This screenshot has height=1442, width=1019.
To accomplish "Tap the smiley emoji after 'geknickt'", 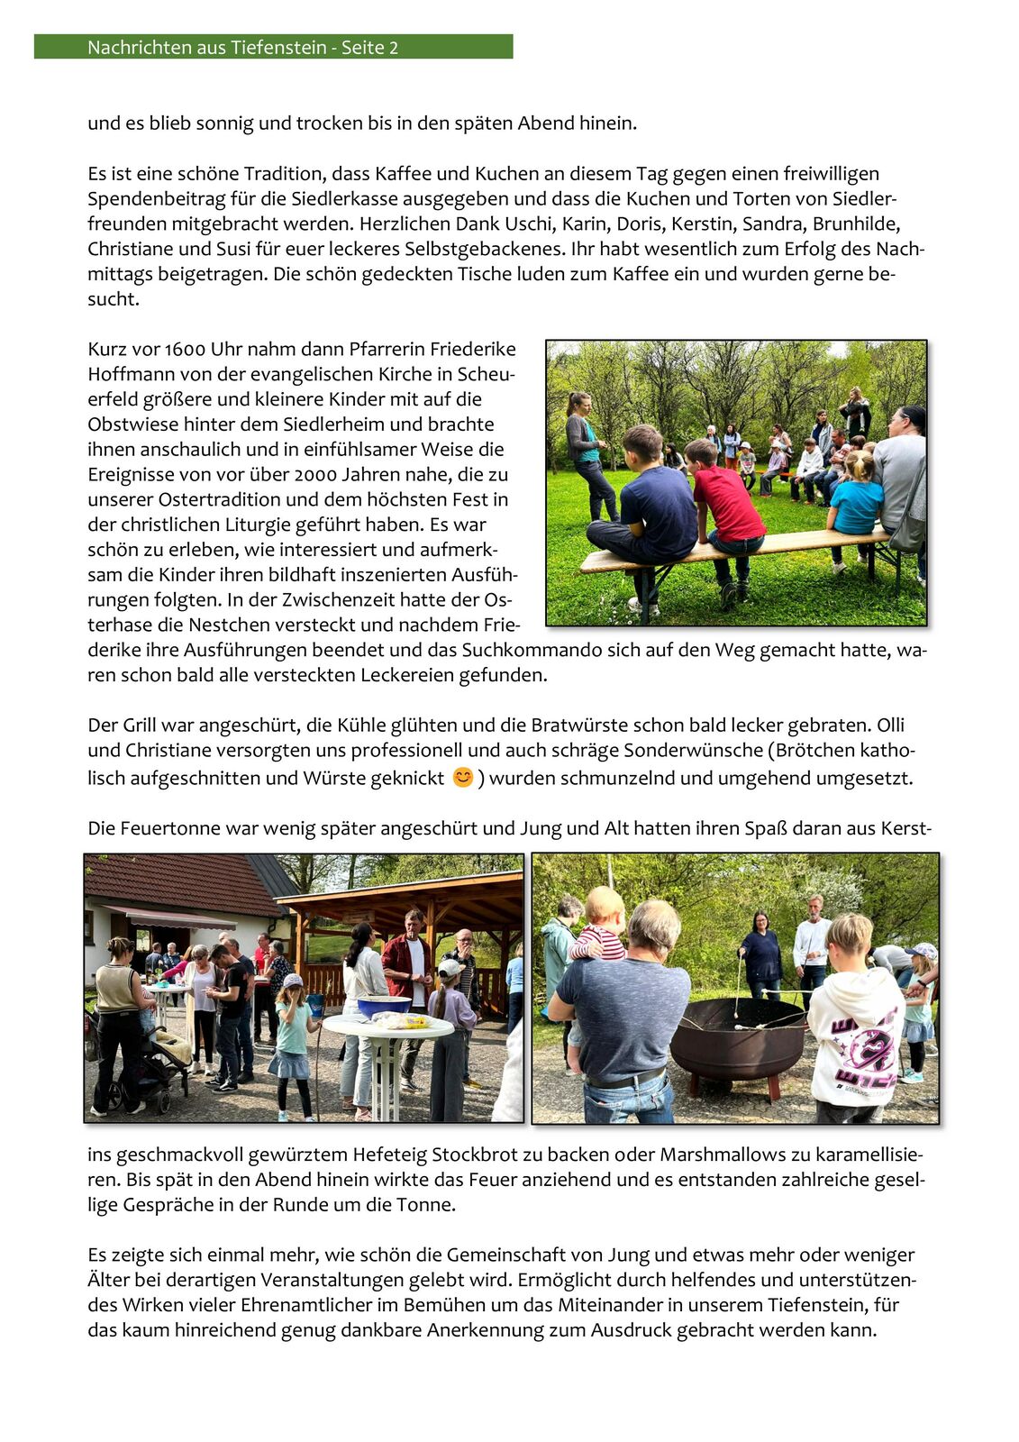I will (x=462, y=777).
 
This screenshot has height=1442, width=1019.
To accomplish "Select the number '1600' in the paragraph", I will (x=184, y=350).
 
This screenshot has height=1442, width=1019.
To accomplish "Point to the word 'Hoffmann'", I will (x=126, y=374).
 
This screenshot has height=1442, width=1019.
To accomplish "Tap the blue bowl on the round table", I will (x=384, y=1006).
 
